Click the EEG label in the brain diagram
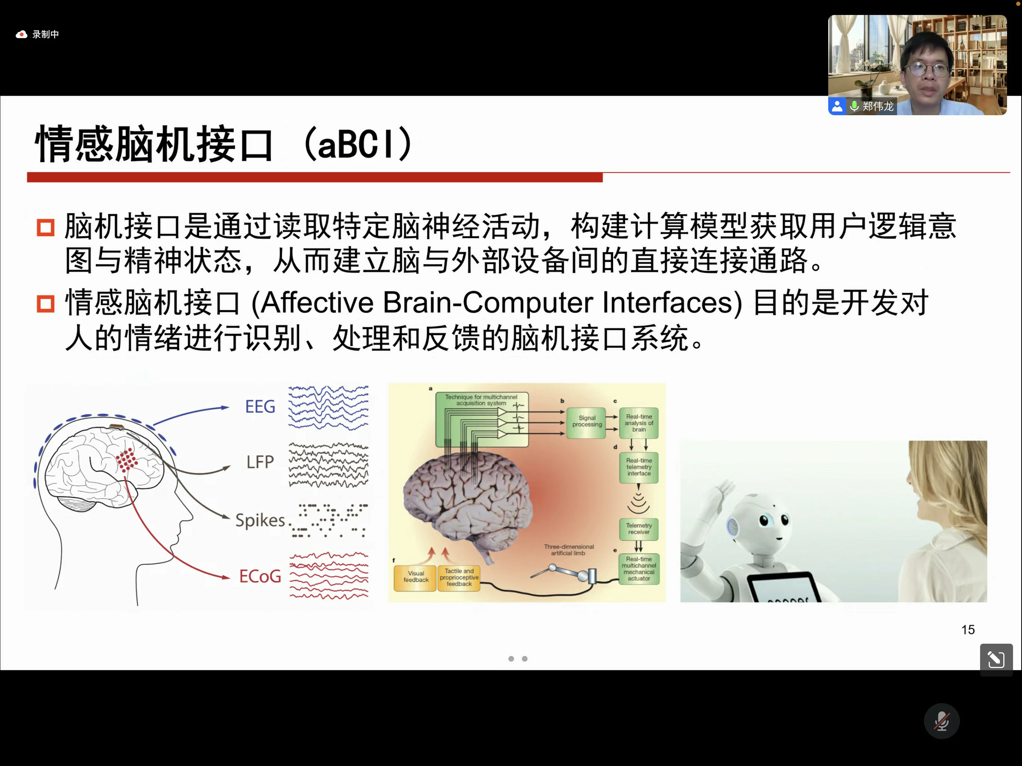coord(260,407)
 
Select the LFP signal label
coord(260,462)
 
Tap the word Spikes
coord(260,520)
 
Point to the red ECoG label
coord(260,576)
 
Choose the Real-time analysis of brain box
coord(639,423)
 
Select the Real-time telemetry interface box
coord(639,467)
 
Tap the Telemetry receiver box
coord(639,529)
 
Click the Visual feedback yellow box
coord(415,577)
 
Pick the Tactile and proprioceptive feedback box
coord(459,577)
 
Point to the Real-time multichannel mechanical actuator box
coord(639,569)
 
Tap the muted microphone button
coord(942,721)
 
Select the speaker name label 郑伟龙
coord(878,107)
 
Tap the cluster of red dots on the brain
coord(126,460)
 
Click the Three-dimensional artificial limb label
coord(569,550)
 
